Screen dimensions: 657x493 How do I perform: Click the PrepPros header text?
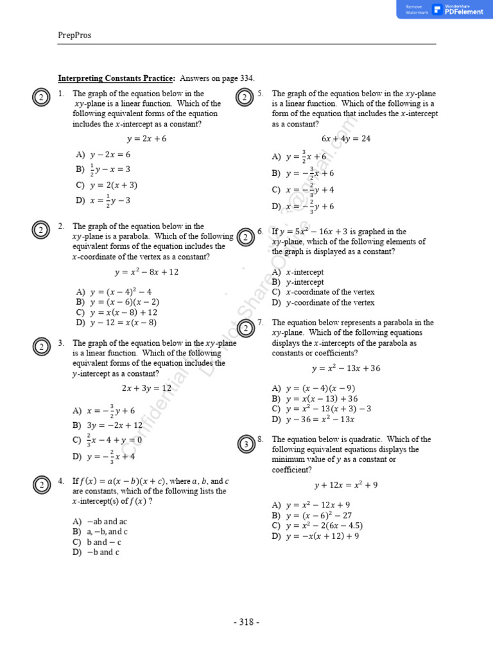(x=74, y=35)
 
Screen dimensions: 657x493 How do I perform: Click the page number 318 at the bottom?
(x=246, y=622)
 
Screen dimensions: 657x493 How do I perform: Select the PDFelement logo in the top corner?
(x=458, y=9)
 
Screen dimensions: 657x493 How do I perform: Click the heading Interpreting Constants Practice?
(x=116, y=78)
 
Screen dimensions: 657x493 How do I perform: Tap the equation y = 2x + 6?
(x=146, y=139)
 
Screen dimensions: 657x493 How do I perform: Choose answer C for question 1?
(x=107, y=185)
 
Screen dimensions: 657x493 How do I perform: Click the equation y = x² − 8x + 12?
(x=146, y=272)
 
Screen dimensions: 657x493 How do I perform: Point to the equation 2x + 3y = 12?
(x=146, y=389)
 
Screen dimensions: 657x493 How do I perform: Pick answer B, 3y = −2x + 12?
(x=108, y=425)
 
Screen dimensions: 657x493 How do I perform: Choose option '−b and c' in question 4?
(x=96, y=552)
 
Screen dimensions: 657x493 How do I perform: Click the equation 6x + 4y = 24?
(x=345, y=139)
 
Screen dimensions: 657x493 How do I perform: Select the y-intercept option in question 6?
(x=298, y=282)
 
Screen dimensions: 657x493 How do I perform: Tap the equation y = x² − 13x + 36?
(x=345, y=368)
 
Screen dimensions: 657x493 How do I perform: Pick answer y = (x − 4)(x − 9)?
(x=313, y=388)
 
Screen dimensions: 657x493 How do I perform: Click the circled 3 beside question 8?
(x=245, y=443)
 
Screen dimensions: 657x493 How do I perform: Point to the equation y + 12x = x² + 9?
(x=345, y=485)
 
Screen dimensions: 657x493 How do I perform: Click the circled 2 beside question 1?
(x=40, y=97)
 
